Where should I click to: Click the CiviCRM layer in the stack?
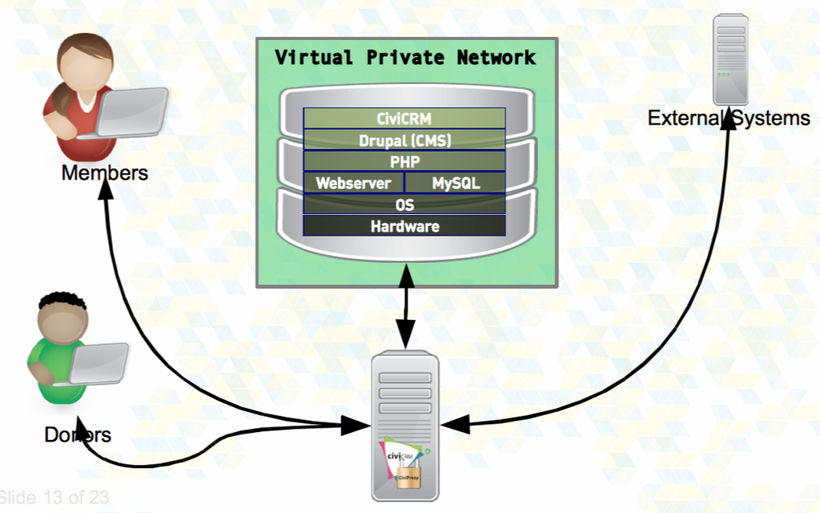pos(404,119)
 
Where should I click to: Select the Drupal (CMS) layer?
pos(404,140)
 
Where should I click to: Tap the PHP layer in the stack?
pos(404,161)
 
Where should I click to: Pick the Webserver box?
pos(353,183)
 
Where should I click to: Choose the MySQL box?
pos(456,183)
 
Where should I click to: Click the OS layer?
pos(404,204)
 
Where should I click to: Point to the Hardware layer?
pos(404,226)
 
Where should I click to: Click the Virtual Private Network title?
pos(405,58)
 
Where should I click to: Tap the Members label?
pos(105,172)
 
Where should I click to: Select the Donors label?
pos(78,435)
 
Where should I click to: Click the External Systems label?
pos(729,119)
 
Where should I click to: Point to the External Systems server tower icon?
pos(730,59)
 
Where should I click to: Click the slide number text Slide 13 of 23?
pos(54,498)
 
